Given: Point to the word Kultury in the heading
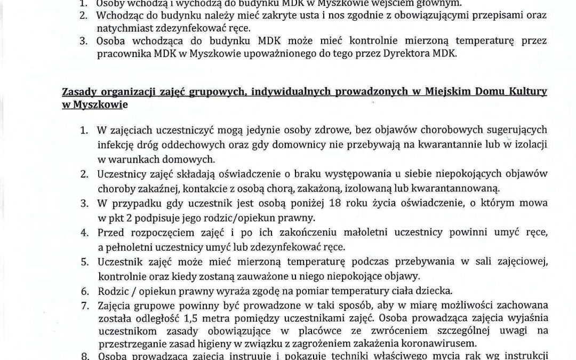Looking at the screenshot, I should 529,93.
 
